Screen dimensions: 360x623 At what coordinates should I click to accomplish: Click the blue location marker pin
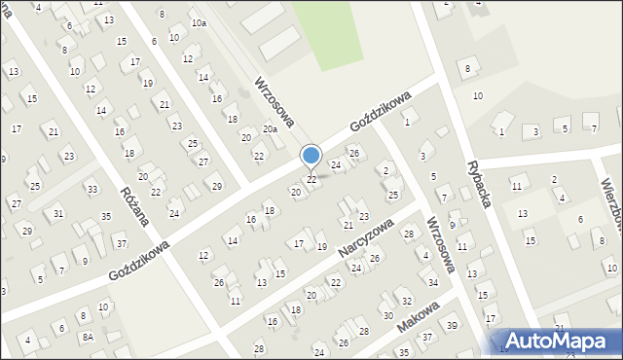pos(311,156)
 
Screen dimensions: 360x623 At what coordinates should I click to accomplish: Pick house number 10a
pos(199,22)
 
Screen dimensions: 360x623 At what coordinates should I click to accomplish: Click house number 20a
pos(271,128)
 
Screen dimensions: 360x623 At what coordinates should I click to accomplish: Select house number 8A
pos(87,337)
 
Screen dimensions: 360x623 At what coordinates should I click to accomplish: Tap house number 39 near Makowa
pos(452,325)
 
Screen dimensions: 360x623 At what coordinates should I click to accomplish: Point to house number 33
pos(92,189)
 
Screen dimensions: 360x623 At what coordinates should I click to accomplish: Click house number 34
pos(432,282)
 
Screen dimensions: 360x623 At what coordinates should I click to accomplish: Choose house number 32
pos(407,302)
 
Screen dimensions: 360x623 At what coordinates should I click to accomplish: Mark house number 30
pos(387,315)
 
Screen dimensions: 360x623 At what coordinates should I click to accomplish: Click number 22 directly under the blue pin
pos(311,180)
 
